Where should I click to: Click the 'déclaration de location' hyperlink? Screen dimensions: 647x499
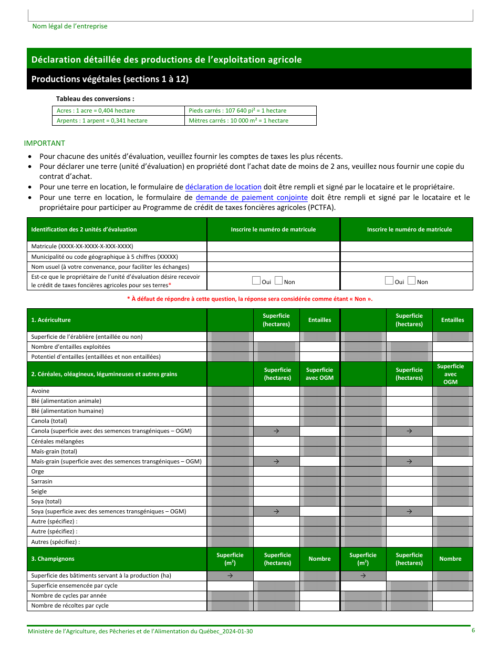tap(223, 187)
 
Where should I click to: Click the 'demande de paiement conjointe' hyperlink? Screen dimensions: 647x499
tap(252, 197)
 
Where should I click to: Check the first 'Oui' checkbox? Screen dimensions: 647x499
tap(256, 281)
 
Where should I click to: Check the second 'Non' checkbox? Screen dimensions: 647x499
tap(412, 281)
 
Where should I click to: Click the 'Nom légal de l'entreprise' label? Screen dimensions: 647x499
tap(70, 26)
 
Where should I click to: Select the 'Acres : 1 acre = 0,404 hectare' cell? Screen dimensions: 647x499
tap(96, 110)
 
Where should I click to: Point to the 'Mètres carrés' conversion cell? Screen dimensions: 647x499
tap(238, 120)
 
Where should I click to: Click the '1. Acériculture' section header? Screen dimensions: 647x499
tap(51, 320)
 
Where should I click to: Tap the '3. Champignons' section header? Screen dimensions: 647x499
tap(53, 559)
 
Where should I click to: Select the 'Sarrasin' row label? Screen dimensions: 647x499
tap(42, 481)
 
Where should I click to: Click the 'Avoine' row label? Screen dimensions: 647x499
tap(40, 391)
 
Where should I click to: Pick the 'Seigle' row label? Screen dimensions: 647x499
tap(39, 491)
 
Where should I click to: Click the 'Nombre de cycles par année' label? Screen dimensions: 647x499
tap(69, 595)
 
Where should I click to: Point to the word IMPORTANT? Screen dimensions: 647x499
tap(45, 143)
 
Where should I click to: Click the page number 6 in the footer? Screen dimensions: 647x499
tap(473, 630)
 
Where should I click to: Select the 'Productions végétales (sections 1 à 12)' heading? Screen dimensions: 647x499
tap(110, 79)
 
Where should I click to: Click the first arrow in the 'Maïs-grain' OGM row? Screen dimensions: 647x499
tap(276, 461)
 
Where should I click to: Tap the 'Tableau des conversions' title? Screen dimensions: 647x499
tap(95, 98)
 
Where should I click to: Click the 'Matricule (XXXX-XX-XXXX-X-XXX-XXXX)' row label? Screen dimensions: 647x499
tap(82, 246)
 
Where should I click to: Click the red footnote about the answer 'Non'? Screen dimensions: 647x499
tap(250, 299)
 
